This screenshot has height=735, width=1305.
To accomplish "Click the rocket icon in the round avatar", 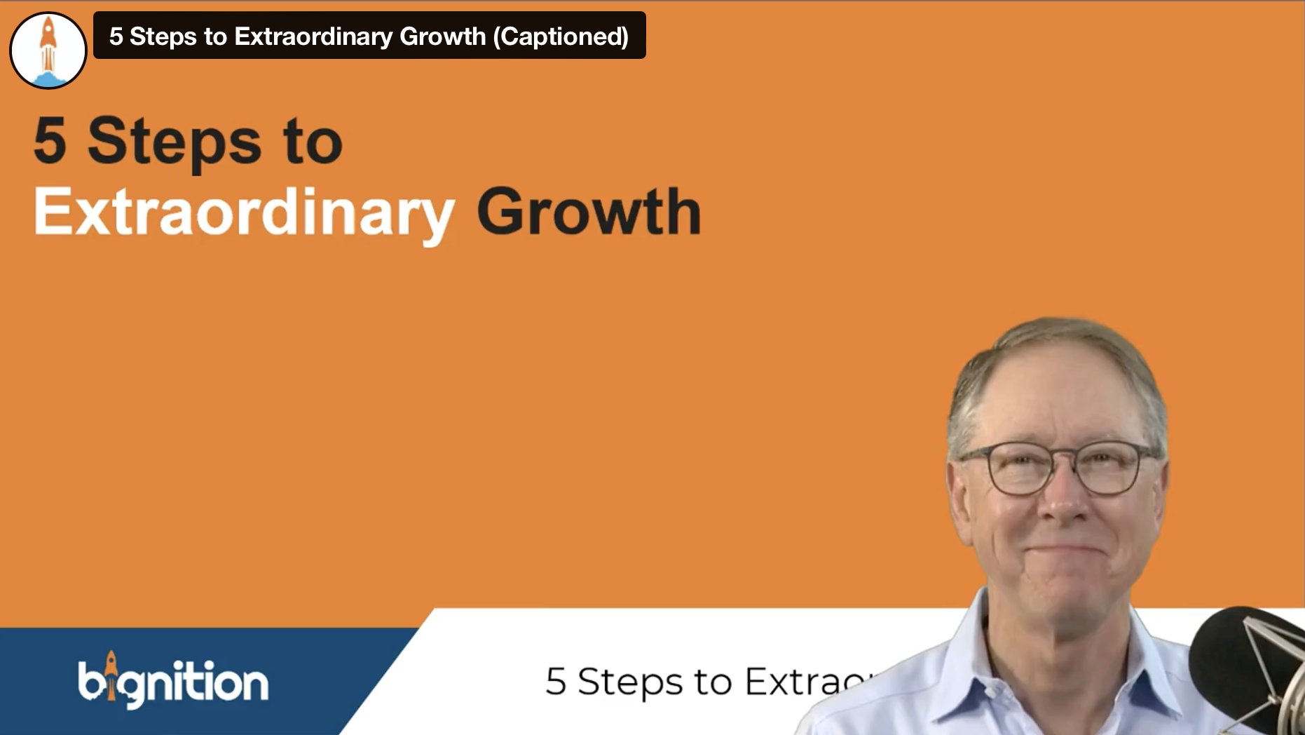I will pos(48,48).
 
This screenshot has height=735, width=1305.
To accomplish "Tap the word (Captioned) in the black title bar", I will pos(561,36).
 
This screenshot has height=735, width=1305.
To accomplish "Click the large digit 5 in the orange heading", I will pos(50,140).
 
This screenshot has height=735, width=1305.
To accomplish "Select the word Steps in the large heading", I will pos(174,142).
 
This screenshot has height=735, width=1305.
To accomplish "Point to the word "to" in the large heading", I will pos(313,142).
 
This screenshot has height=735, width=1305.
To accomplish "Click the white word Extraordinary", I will pos(244,213).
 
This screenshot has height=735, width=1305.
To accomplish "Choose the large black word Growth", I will pos(589,211).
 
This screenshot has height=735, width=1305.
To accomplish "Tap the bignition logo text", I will pos(173,682).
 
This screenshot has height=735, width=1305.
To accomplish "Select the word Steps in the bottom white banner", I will pos(629,682).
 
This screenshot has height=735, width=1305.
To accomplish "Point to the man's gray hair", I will pos(1051,351).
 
